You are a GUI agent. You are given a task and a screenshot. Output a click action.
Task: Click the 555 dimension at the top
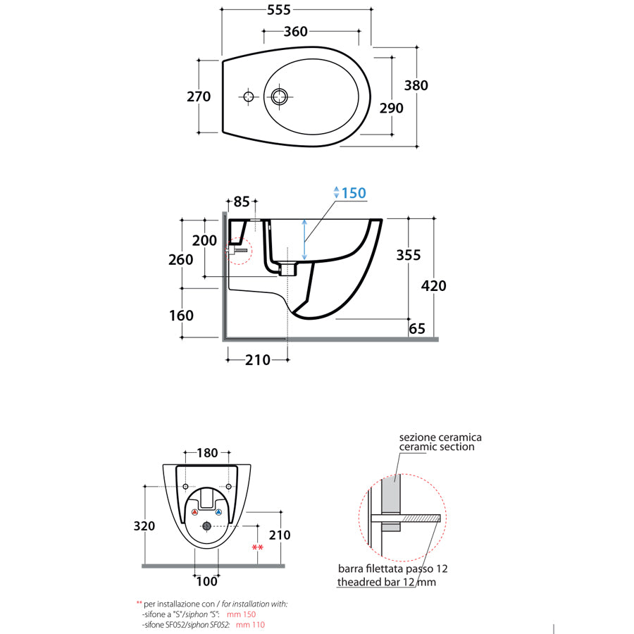coord(280,9)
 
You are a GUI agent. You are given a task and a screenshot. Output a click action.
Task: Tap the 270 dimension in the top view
coord(199,97)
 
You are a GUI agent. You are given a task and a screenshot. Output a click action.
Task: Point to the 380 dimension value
coord(416,85)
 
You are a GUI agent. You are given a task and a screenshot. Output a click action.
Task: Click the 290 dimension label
coord(392,108)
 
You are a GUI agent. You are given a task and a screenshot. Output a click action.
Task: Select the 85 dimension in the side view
coord(242,202)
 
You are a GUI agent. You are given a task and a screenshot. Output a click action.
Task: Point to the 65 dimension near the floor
coord(416,328)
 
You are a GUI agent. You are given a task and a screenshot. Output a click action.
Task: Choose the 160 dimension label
coord(182,316)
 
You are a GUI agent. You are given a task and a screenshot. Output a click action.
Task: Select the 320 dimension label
coord(145,526)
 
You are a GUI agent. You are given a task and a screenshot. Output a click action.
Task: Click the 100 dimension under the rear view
coord(206,581)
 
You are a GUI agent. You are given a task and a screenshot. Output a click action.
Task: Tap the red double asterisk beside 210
coord(257,547)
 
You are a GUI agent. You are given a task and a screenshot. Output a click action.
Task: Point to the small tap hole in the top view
coord(247,96)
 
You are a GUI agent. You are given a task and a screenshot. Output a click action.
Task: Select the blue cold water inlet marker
coord(218,512)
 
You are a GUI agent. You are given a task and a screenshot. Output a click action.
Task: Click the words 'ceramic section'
coord(437,447)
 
